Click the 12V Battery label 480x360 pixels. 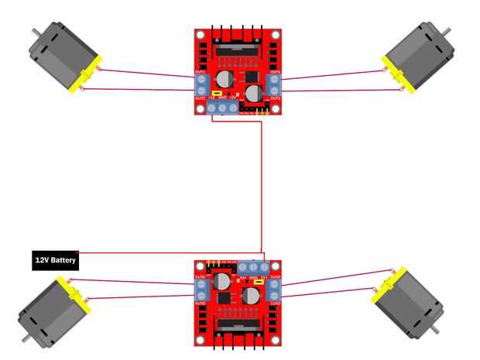(x=56, y=261)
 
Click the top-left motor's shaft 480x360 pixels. (x=36, y=33)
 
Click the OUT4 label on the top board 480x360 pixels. (x=275, y=73)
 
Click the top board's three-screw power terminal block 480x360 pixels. (x=221, y=108)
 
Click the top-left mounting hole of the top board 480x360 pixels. (x=200, y=35)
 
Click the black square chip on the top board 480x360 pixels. (x=249, y=78)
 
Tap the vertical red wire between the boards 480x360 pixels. (x=264, y=186)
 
